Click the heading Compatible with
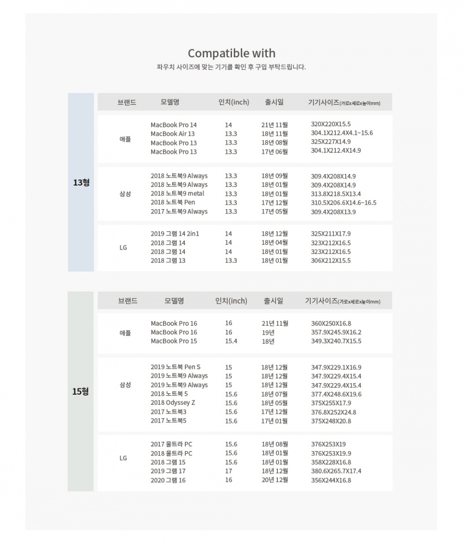(231, 53)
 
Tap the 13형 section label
(81, 183)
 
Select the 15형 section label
(81, 391)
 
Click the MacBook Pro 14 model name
(174, 125)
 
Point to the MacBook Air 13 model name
(173, 133)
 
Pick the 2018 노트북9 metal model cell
(177, 194)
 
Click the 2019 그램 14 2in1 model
(175, 234)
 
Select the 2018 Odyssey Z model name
(173, 403)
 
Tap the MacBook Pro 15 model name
(174, 341)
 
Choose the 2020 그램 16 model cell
(168, 480)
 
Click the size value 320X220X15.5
(331, 124)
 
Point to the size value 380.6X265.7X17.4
(336, 471)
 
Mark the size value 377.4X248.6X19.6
(336, 394)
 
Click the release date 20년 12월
(275, 480)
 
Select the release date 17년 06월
(275, 152)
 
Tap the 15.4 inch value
(231, 341)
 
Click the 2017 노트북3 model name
(168, 412)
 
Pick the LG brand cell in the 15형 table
(123, 458)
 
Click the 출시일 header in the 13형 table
(274, 102)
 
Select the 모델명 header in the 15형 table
(174, 301)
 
